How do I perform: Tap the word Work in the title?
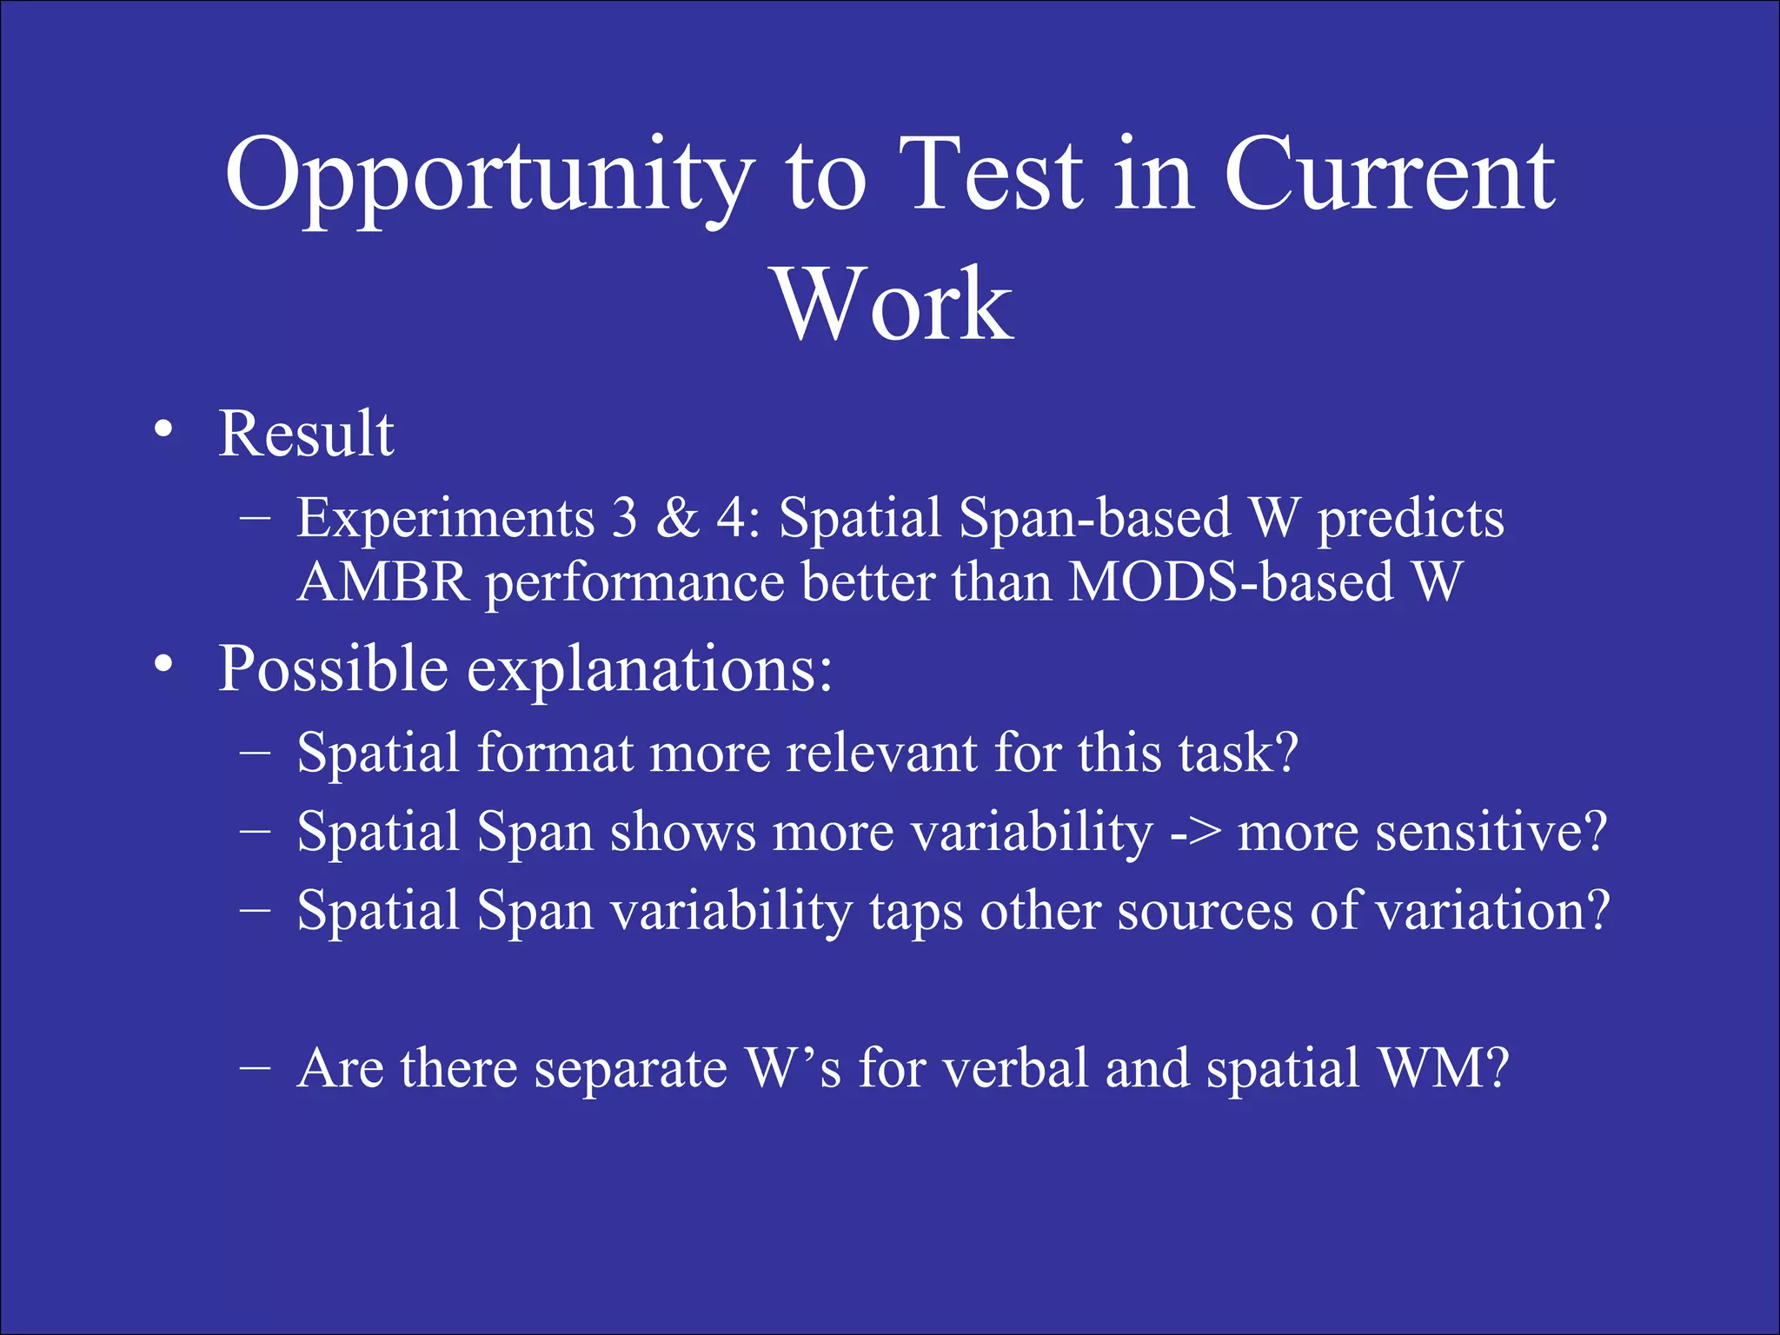pyautogui.click(x=893, y=306)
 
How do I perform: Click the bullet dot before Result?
pyautogui.click(x=163, y=431)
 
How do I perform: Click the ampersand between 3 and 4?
pyautogui.click(x=677, y=518)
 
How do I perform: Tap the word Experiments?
pyautogui.click(x=445, y=520)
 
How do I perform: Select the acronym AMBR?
pyautogui.click(x=383, y=581)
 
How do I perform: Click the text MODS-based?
pyautogui.click(x=1232, y=581)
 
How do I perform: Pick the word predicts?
pyautogui.click(x=1411, y=520)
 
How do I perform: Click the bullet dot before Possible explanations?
pyautogui.click(x=163, y=667)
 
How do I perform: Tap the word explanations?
pyautogui.click(x=650, y=671)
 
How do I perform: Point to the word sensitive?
pyautogui.click(x=1422, y=833)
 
